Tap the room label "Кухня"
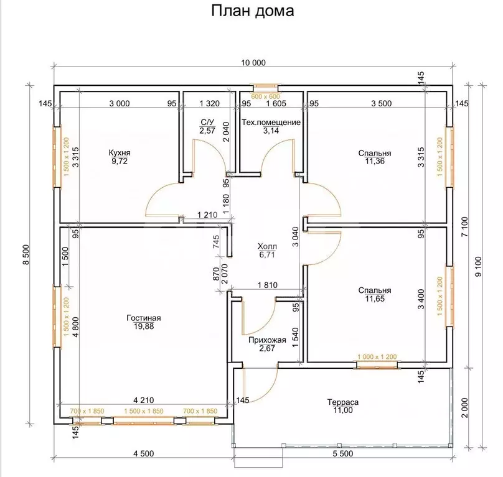120,152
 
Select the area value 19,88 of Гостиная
143,326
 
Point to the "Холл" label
266,246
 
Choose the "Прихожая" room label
266,340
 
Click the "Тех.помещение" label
272,123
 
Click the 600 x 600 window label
265,96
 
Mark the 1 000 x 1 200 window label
376,357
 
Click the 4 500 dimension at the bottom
143,453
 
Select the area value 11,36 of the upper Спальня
375,161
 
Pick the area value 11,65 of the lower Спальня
375,299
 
